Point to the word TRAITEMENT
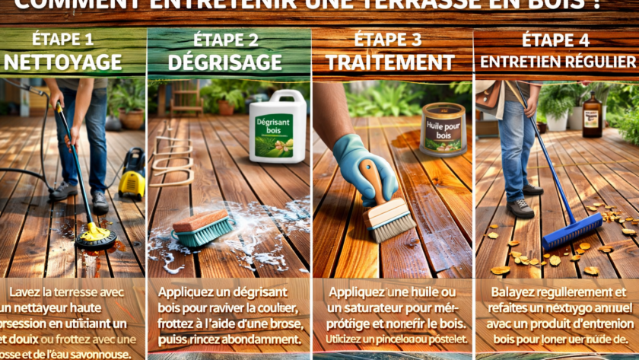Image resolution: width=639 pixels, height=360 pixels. pos(393,62)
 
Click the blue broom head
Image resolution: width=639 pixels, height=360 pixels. pos(571,231)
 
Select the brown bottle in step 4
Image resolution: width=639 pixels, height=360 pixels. pos(592,115)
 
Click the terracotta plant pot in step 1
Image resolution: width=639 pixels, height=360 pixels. pos(131,118)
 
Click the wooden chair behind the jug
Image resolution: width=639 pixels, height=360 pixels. pos(186,99)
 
